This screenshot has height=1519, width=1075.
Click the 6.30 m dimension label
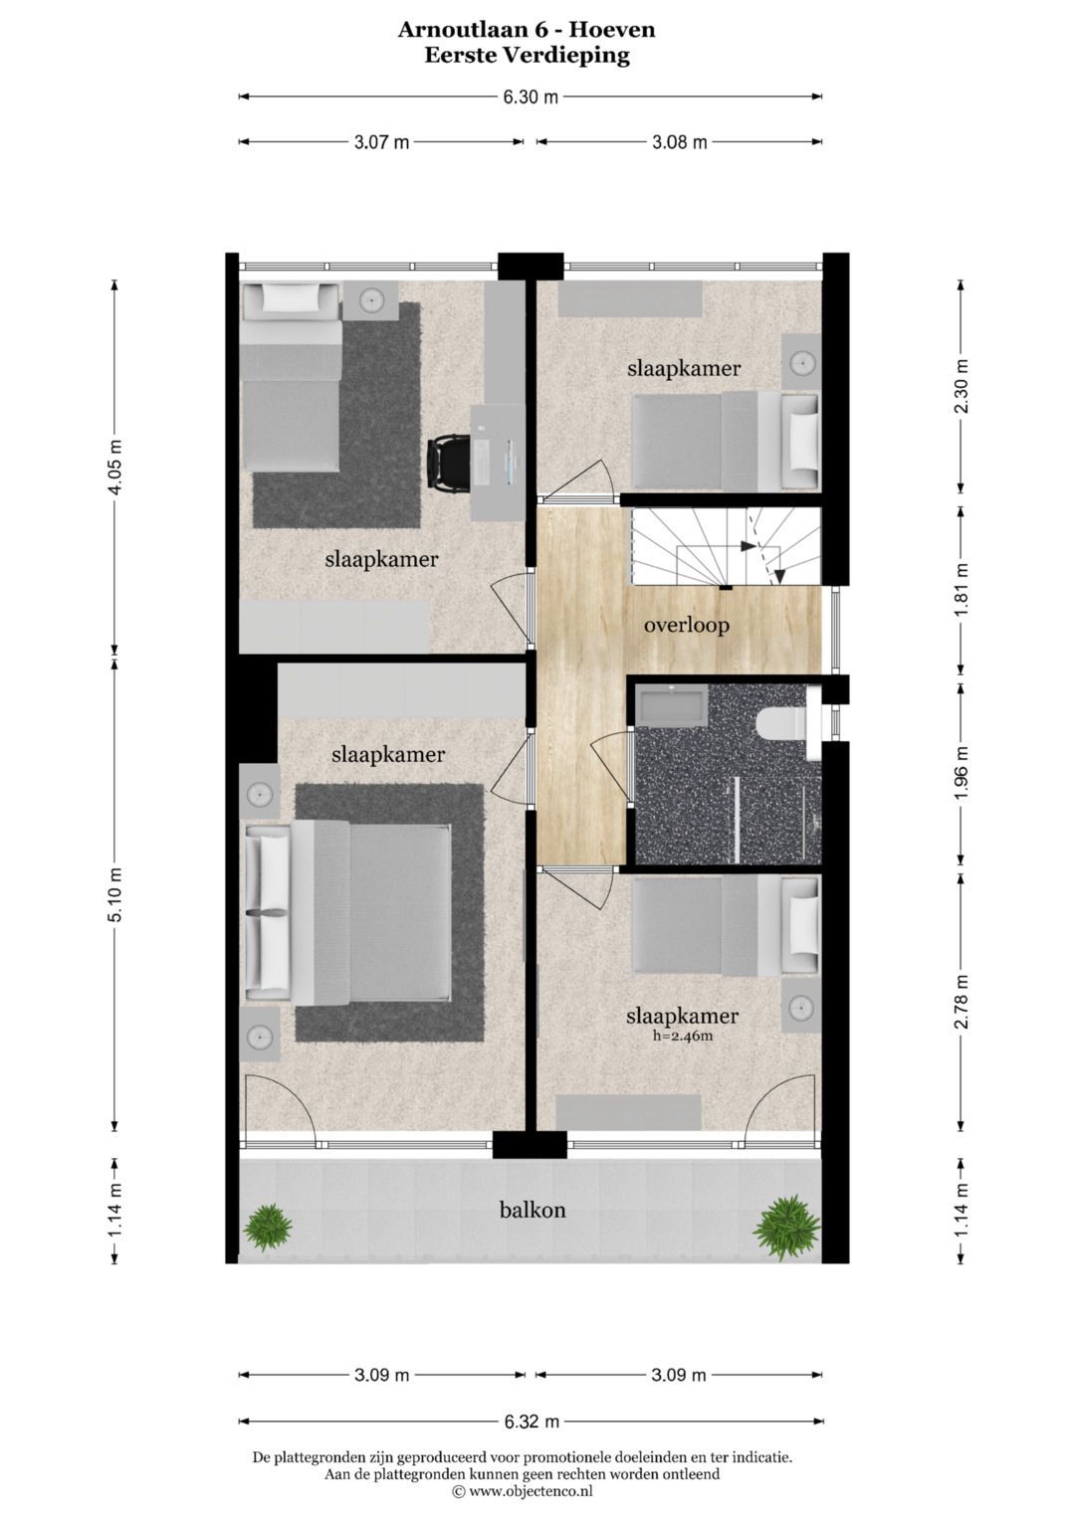pos(530,96)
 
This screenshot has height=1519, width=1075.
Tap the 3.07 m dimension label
pos(381,142)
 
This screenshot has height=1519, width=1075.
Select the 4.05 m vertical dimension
pos(114,468)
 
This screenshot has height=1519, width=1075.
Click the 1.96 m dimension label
pos(961,773)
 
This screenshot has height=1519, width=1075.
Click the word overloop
pos(686,625)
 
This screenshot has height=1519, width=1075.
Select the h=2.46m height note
pos(682,1037)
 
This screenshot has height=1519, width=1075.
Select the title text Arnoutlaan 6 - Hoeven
pos(527,30)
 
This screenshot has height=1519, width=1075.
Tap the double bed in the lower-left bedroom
pos(348,913)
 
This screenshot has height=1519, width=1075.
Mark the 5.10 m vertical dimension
pos(114,894)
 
